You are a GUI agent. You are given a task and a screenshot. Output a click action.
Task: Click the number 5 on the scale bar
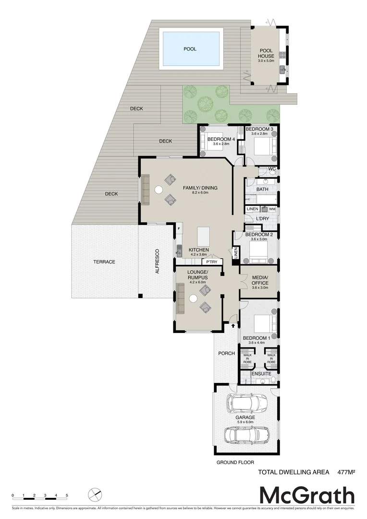[x=67, y=495]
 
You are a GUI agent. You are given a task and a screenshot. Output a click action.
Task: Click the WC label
[x=271, y=169]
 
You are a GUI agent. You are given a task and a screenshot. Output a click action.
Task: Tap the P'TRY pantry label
[x=211, y=262]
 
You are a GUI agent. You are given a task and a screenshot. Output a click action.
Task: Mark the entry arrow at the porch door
[x=233, y=325]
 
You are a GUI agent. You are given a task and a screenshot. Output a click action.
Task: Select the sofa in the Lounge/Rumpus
[x=181, y=298]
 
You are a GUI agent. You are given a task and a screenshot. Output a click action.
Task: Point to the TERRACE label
[x=104, y=262]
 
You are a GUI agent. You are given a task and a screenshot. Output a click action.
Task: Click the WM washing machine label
[x=272, y=209]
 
